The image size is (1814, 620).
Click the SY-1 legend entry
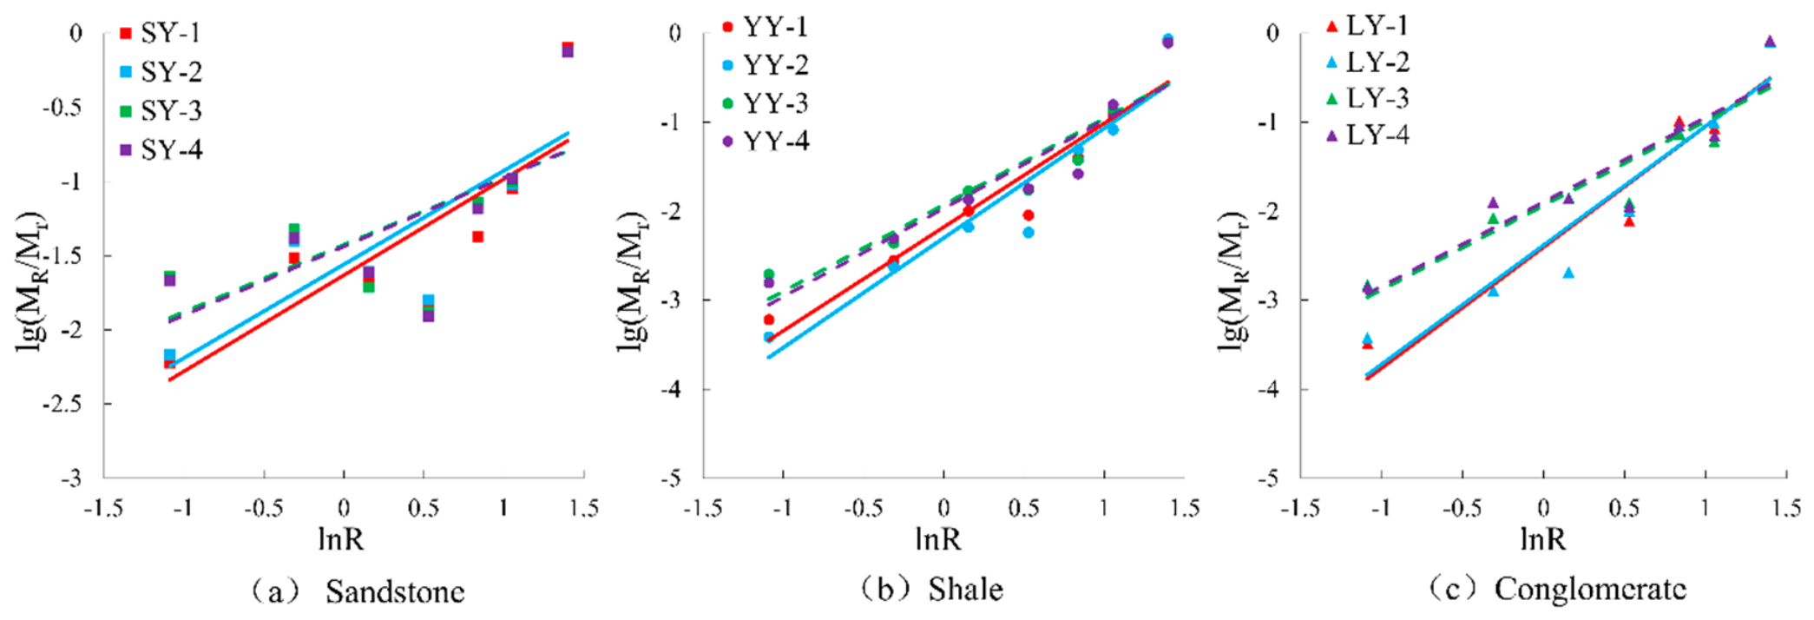160,33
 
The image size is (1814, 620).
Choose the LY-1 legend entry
1367,26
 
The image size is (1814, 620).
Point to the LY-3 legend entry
1367,98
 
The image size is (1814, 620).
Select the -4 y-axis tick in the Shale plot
670,389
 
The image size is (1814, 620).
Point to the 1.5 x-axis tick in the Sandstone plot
583,508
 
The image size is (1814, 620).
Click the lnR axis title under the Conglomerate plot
1542,539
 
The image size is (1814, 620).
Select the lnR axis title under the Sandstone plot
341,539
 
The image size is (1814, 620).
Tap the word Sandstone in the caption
395,592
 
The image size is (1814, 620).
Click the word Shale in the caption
965,590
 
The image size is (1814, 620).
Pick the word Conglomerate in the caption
1590,590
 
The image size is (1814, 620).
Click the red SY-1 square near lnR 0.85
477,237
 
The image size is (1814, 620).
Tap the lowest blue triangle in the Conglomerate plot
1367,339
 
